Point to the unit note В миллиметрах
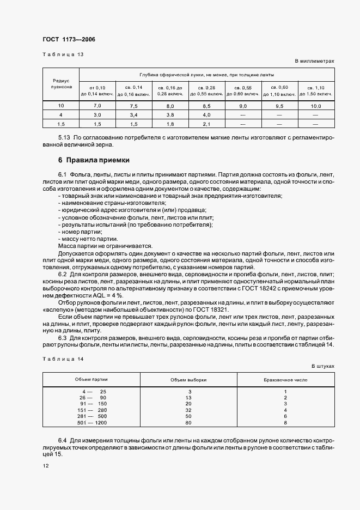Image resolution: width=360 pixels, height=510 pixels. coord(314,62)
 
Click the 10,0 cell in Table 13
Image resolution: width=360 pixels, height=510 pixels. coord(316,105)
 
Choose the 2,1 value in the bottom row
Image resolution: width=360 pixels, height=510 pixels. coord(206,124)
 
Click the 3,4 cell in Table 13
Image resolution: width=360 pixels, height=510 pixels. coord(134,115)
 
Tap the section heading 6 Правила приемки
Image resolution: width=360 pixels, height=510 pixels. coord(94,160)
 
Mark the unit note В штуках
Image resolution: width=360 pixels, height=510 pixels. coord(322,367)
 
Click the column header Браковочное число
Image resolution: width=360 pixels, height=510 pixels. coord(285,379)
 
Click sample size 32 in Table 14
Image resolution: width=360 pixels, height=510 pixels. coord(188,410)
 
